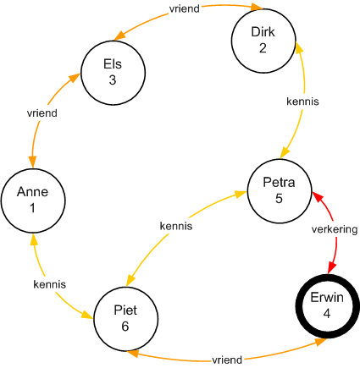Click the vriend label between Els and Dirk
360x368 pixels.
185,8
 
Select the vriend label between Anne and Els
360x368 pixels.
42,113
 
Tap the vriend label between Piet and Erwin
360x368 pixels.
227,360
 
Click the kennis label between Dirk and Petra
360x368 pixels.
302,102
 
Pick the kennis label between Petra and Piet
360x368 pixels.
176,226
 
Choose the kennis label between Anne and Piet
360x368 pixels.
50,284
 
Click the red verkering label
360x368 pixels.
335,229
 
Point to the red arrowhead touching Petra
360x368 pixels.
317,196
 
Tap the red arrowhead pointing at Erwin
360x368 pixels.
332,268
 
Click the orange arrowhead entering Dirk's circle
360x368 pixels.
258,7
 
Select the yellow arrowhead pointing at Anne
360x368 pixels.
34,239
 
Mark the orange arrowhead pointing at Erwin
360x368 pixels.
321,342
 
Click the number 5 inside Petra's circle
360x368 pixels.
279,199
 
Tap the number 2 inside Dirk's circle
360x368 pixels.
263,48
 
